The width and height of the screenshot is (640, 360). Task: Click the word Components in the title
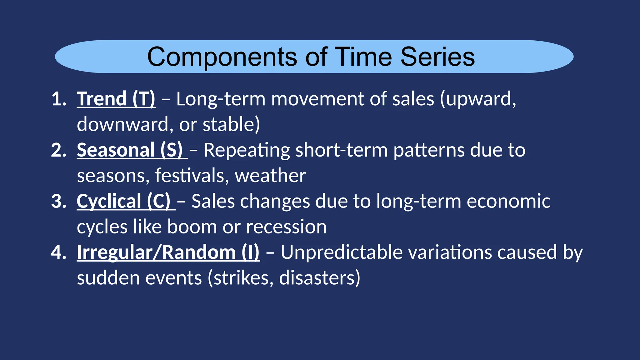pos(222,57)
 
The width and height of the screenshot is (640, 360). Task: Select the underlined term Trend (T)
pos(116,99)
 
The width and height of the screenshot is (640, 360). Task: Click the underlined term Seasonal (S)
pos(130,150)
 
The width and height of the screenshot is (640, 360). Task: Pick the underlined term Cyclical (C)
pos(124,201)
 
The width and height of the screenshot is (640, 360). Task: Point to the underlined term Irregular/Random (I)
pos(168,252)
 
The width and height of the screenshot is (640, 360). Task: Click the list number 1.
pos(58,99)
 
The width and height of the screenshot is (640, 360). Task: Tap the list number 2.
pos(58,150)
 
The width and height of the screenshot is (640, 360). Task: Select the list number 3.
pos(58,201)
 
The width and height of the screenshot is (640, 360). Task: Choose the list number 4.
pos(58,252)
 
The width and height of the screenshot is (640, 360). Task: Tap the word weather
pos(270,176)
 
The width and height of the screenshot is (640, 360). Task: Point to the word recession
pos(286,227)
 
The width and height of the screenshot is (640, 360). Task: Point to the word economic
pos(508,201)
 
